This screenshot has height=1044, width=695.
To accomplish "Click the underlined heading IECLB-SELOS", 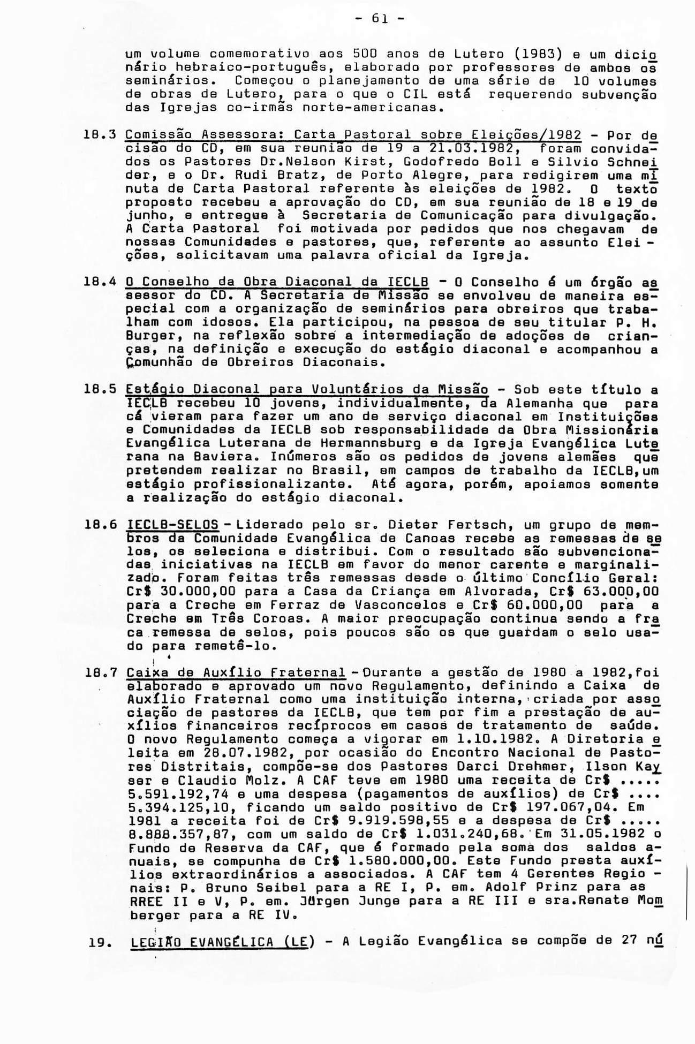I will point(172,525).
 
